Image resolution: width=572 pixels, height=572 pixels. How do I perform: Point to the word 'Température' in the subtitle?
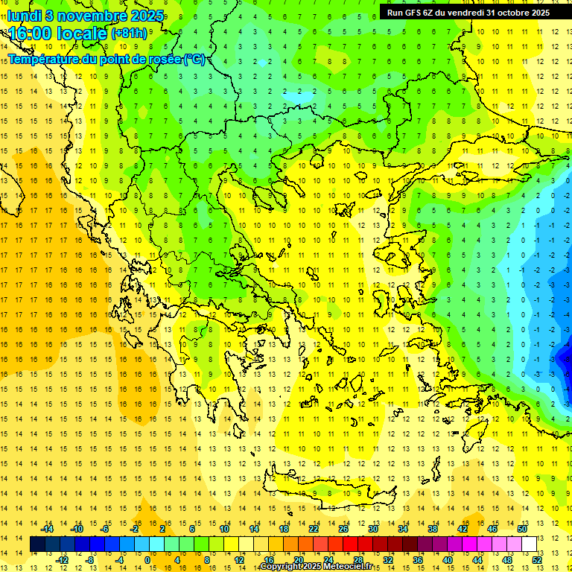click(45, 59)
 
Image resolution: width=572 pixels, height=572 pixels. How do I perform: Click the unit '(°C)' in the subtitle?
click(194, 59)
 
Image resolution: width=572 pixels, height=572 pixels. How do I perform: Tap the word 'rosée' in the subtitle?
click(162, 59)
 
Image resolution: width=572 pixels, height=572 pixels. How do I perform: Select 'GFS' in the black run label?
click(416, 12)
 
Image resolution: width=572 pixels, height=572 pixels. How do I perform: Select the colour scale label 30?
click(373, 528)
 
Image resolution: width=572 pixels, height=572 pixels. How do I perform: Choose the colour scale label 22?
click(314, 528)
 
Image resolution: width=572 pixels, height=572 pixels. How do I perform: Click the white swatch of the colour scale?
click(530, 544)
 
